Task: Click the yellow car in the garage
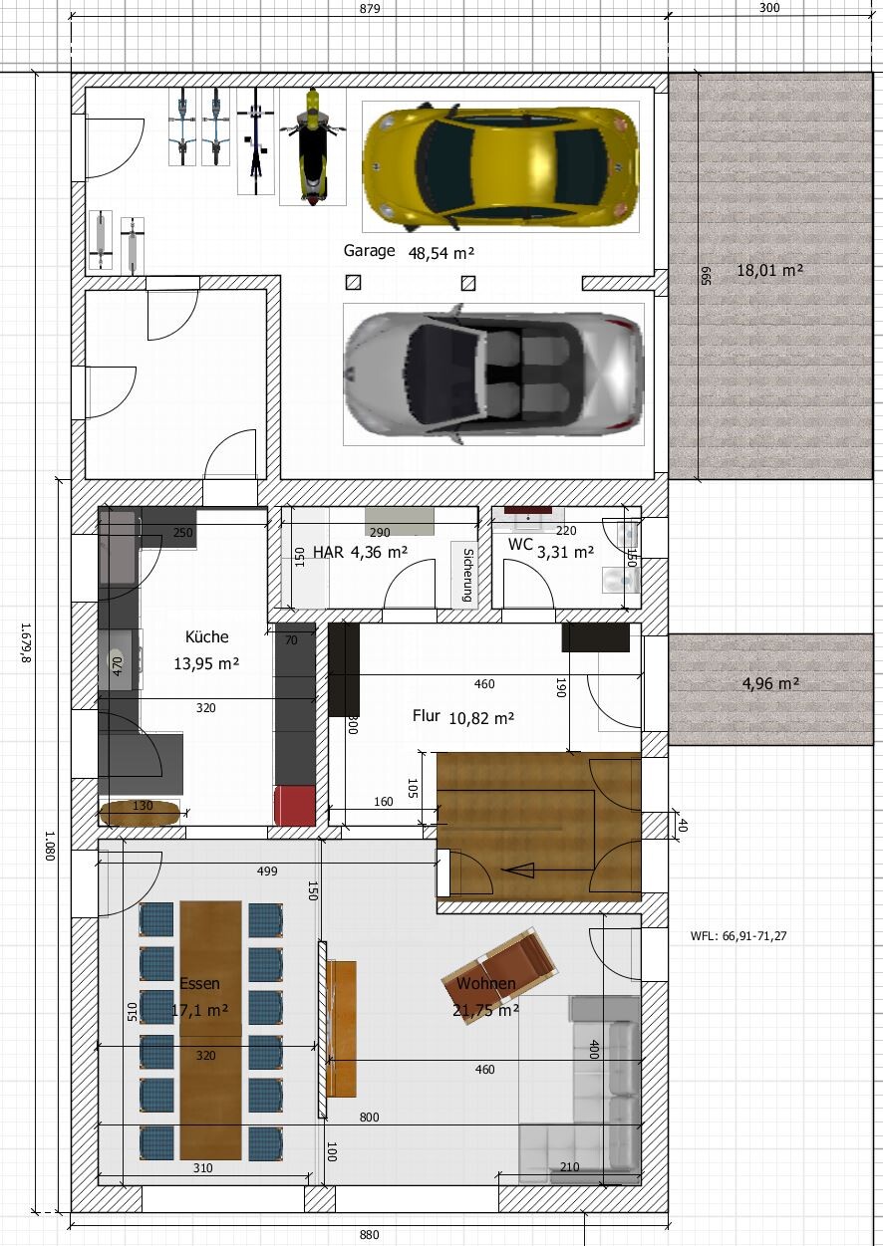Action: (x=500, y=166)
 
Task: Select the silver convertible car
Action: (x=494, y=374)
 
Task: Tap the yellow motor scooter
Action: (x=312, y=146)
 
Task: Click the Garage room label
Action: (x=369, y=251)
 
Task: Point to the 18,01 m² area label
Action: (x=770, y=271)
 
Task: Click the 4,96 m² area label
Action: (x=771, y=683)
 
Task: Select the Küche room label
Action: (x=206, y=636)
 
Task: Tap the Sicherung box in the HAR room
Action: (x=465, y=575)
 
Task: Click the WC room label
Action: (x=520, y=544)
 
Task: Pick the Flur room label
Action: (x=426, y=715)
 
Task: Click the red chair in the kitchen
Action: (x=295, y=805)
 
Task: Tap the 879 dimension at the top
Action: (x=370, y=9)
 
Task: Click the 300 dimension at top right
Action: (x=769, y=8)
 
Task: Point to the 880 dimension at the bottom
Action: (x=369, y=1235)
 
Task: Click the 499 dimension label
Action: (x=267, y=872)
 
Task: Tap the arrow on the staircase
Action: (x=548, y=870)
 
